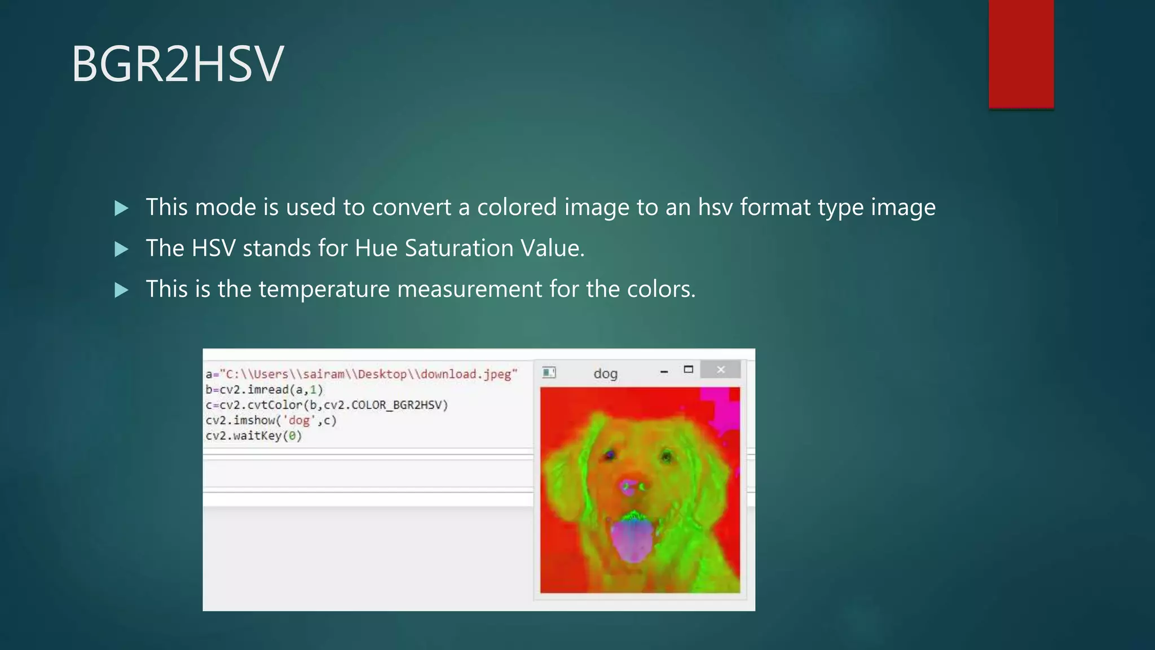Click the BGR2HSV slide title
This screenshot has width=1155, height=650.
pyautogui.click(x=178, y=64)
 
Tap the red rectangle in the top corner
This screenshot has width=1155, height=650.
pyautogui.click(x=1021, y=54)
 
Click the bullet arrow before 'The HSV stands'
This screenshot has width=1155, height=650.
pyautogui.click(x=121, y=249)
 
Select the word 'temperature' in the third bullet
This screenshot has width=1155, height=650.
pyautogui.click(x=324, y=289)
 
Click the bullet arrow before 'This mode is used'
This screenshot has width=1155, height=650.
pyautogui.click(x=121, y=208)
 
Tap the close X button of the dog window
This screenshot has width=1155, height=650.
pyautogui.click(x=720, y=370)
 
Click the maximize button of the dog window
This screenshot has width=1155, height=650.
pyautogui.click(x=688, y=370)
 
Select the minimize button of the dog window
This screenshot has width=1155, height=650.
pyautogui.click(x=664, y=371)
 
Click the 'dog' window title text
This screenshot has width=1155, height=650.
pyautogui.click(x=605, y=374)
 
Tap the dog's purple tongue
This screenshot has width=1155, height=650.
pyautogui.click(x=633, y=539)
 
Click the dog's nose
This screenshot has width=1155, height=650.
pyautogui.click(x=631, y=486)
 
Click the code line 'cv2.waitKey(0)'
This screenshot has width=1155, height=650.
pyautogui.click(x=254, y=436)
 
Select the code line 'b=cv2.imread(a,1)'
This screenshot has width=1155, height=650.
pyautogui.click(x=264, y=390)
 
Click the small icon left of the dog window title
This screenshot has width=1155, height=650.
pyautogui.click(x=549, y=372)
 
